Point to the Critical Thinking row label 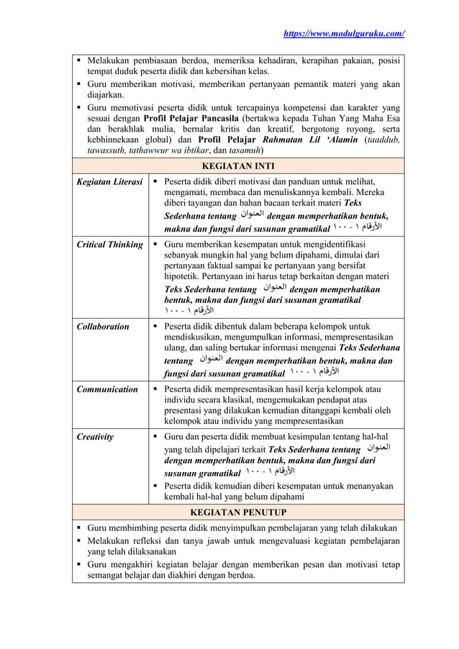(x=109, y=245)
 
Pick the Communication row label (x=107, y=389)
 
